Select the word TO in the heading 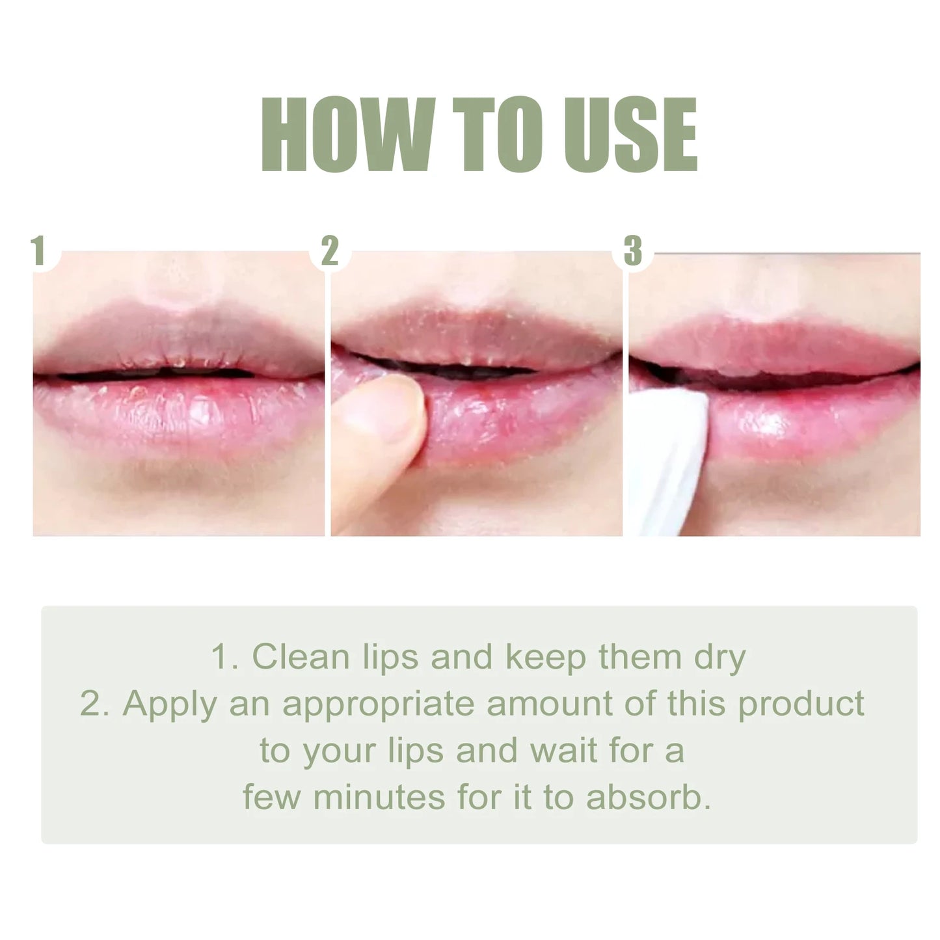489,135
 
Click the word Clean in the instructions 301,657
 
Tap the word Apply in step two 169,704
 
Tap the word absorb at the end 647,798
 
